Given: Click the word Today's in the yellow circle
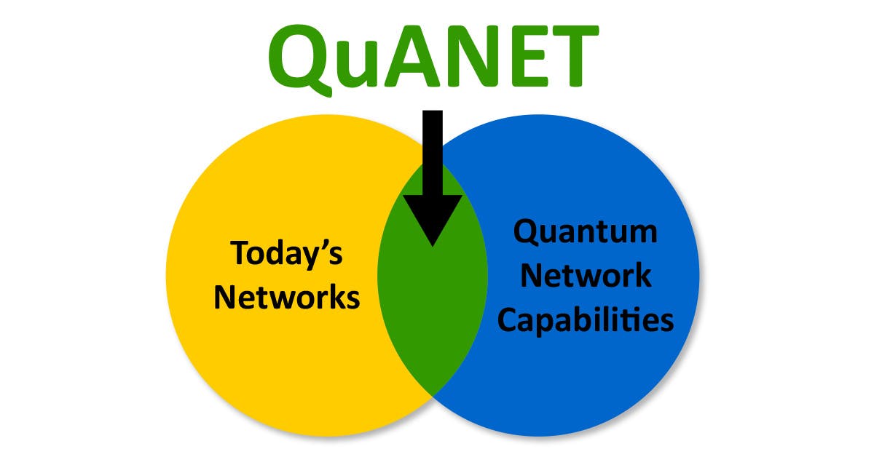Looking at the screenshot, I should coord(287,254).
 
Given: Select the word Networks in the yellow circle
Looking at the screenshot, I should coord(287,298).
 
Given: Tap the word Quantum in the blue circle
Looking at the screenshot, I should coord(586,233).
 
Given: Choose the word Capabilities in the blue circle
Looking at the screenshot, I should coord(586,320).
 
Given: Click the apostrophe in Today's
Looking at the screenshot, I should coord(323,245).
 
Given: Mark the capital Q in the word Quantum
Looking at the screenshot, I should coord(527,233).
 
